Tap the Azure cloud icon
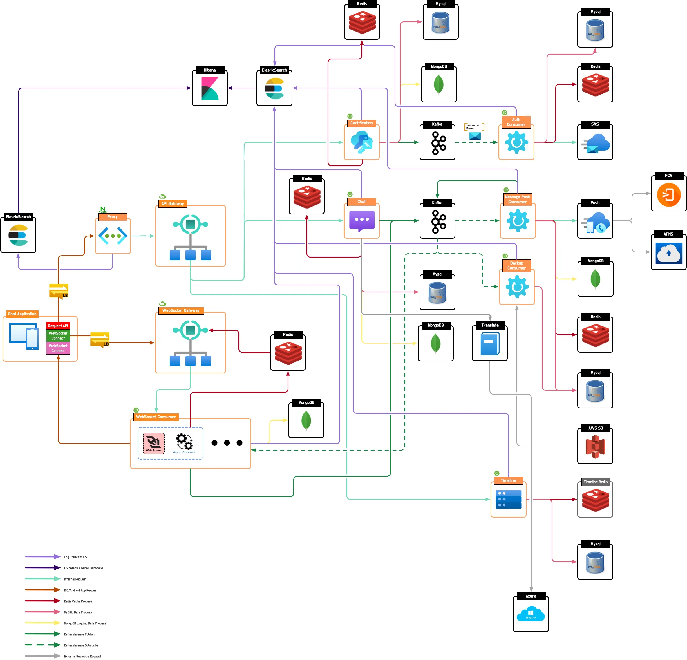(531, 614)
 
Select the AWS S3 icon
(595, 446)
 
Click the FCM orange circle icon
(668, 195)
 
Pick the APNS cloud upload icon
(668, 253)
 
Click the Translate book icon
(490, 344)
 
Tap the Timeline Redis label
(595, 482)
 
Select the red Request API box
(58, 326)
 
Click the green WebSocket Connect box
(58, 336)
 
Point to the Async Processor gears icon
(184, 442)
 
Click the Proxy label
(113, 217)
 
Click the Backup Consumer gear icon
(517, 287)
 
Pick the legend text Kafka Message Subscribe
(81, 645)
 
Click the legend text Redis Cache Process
(78, 601)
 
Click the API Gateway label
(172, 204)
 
